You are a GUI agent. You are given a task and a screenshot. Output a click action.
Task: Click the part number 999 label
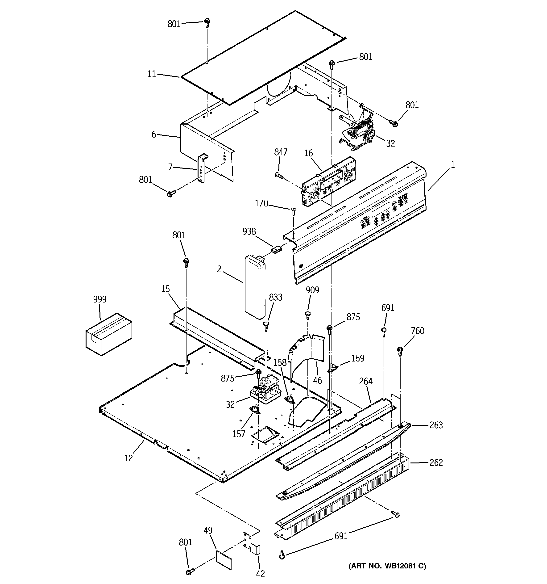100,299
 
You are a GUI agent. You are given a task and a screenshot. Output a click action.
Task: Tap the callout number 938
249,232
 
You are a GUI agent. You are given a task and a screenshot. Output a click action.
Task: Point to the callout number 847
281,152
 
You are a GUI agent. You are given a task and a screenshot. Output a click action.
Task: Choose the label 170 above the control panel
261,203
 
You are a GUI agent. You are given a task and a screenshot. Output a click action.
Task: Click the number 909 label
312,290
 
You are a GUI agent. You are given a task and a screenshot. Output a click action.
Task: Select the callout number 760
418,331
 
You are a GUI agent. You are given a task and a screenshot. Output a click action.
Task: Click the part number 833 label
275,298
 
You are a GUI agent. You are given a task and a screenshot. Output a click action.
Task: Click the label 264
365,381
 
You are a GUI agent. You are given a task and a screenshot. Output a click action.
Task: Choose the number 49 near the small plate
208,530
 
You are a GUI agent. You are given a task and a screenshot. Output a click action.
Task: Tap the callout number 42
260,574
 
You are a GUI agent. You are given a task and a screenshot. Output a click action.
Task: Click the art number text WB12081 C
387,566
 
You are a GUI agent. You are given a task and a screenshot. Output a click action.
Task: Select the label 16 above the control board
308,153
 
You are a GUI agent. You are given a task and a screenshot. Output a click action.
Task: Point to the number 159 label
357,358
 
